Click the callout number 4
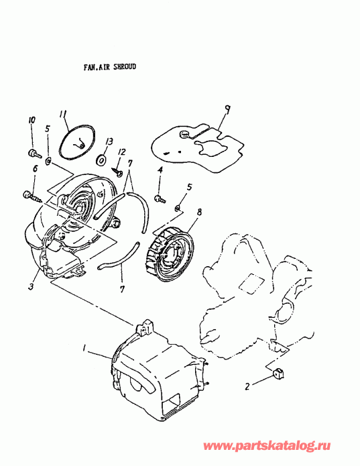click(160, 172)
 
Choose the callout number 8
click(198, 213)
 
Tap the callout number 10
click(30, 120)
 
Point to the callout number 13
click(107, 141)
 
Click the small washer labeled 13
click(101, 160)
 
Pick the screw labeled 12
click(119, 171)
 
